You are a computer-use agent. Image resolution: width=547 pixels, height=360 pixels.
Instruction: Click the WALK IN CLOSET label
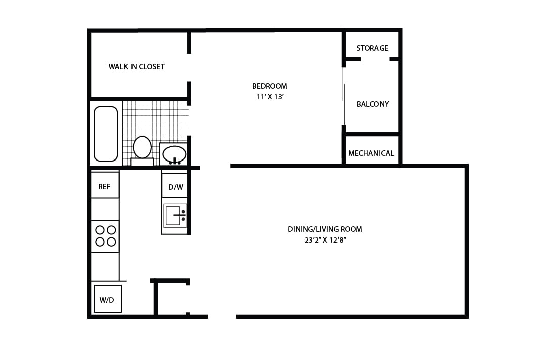click(137, 67)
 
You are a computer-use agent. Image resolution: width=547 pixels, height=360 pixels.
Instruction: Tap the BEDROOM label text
click(269, 86)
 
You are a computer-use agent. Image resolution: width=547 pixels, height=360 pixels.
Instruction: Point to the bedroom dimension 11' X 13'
click(269, 97)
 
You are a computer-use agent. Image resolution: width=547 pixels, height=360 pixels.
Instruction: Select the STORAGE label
click(372, 48)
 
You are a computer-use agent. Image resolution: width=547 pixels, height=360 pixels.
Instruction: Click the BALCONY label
click(372, 104)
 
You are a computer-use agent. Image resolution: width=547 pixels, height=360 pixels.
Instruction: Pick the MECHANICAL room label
click(371, 153)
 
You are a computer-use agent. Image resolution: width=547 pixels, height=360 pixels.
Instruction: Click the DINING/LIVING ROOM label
click(325, 229)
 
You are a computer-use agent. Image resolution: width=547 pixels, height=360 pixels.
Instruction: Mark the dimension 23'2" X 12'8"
click(325, 241)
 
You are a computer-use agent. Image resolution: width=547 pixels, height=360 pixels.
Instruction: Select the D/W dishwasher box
click(176, 187)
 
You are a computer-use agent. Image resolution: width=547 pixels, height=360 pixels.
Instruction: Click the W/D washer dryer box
click(107, 299)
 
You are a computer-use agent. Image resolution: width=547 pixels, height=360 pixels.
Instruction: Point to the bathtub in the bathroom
click(106, 134)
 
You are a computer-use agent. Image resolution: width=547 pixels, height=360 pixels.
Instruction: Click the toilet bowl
click(142, 147)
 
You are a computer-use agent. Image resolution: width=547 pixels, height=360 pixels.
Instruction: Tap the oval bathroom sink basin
click(174, 153)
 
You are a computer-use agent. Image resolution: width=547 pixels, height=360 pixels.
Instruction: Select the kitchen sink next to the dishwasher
click(173, 216)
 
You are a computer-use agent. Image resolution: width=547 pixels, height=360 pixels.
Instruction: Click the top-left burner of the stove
click(100, 230)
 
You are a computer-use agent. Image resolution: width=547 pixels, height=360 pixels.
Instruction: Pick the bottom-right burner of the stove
click(111, 242)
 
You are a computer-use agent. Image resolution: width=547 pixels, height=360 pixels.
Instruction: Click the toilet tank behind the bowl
click(142, 162)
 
